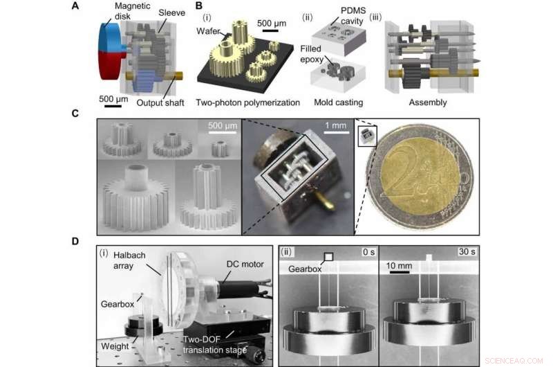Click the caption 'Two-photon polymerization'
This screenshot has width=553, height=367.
click(x=247, y=102)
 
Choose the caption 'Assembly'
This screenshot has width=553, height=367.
click(x=427, y=102)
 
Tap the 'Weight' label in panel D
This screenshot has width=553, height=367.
click(x=112, y=341)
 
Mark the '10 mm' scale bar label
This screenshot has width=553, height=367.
click(x=401, y=266)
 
